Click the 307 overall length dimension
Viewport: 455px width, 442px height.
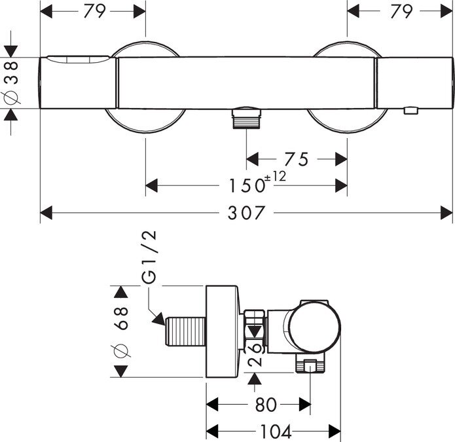coord(246,213)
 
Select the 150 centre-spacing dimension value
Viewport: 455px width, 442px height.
coord(247,185)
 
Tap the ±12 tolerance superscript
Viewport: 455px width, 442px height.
coord(275,176)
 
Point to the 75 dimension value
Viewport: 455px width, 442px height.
coord(297,159)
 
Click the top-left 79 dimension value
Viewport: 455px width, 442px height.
coord(94,12)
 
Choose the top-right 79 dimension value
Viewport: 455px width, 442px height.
coord(401,12)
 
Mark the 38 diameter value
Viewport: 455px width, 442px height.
coord(11,73)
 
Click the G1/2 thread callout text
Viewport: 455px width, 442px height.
coord(149,257)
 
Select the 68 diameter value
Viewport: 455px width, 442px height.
coord(120,318)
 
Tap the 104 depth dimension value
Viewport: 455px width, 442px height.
coord(276,432)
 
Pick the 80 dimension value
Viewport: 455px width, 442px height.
coord(266,405)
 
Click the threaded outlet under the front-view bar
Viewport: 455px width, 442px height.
coord(247,117)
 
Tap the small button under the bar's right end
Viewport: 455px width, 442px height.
coord(411,111)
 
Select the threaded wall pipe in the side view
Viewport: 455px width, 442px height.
coord(186,331)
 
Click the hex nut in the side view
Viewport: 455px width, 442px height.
coord(255,331)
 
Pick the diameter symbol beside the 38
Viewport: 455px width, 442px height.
coord(11,97)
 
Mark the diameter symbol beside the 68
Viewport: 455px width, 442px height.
coord(120,350)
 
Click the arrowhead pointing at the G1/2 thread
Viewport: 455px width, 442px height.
coord(158,319)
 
